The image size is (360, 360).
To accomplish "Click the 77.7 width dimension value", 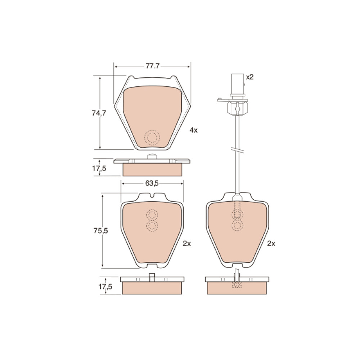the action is coord(152,66).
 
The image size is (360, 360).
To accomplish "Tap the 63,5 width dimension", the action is coord(152,183).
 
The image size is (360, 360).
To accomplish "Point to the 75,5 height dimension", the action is coord(100,231).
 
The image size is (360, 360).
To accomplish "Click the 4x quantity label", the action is coord(193,130).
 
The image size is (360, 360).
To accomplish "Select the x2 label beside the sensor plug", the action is coord(249,77).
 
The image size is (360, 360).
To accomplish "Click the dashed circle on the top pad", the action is coord(152,138).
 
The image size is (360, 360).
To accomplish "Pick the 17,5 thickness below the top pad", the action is coord(99,168).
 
